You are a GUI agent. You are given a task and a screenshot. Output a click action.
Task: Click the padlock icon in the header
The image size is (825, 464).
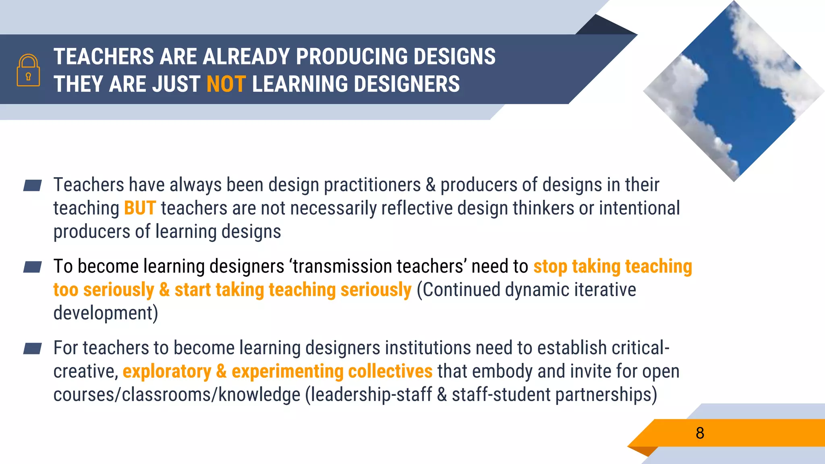point(28,70)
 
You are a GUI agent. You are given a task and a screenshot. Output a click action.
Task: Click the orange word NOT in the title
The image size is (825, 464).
point(226,84)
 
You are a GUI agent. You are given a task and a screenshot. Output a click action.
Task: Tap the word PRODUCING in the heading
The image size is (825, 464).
point(350,56)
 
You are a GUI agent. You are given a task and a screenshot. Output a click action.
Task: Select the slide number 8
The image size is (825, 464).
point(700,433)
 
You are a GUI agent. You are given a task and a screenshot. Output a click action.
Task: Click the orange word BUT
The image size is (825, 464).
point(140,208)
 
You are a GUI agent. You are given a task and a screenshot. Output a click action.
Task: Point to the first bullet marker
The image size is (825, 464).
point(33,185)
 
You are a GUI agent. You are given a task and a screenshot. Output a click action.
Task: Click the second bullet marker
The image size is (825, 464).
point(33,267)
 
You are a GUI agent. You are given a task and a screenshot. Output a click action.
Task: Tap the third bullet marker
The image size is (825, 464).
point(33,348)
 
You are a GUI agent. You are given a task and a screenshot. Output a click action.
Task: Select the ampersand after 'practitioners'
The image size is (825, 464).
point(430,185)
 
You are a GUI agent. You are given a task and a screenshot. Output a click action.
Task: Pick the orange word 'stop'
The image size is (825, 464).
point(550,267)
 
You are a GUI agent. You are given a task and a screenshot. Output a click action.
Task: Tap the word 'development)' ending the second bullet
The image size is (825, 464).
point(106,313)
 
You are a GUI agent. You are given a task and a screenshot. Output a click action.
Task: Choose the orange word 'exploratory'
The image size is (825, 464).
point(167,371)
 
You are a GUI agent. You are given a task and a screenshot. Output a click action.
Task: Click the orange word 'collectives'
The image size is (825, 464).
point(390,371)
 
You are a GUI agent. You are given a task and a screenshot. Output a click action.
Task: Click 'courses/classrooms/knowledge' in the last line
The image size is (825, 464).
point(177,395)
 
